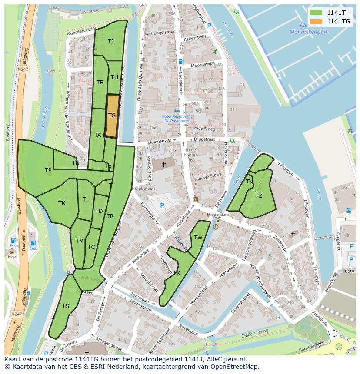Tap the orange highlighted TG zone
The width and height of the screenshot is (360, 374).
(x=112, y=116)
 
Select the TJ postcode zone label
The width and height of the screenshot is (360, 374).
(x=111, y=41)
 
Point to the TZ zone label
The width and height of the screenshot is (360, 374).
(x=259, y=196)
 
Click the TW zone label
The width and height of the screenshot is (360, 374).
(x=198, y=237)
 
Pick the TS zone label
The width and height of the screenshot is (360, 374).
(x=65, y=306)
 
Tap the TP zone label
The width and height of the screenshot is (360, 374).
(x=48, y=170)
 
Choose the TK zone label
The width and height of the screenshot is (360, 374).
(x=62, y=203)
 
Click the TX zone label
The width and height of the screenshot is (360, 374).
(x=177, y=273)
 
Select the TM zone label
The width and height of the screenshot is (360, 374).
(x=80, y=241)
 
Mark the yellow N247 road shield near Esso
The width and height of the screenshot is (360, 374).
(x=17, y=314)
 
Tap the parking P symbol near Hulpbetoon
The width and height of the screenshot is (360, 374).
(x=162, y=205)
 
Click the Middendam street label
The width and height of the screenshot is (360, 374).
(x=218, y=215)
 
